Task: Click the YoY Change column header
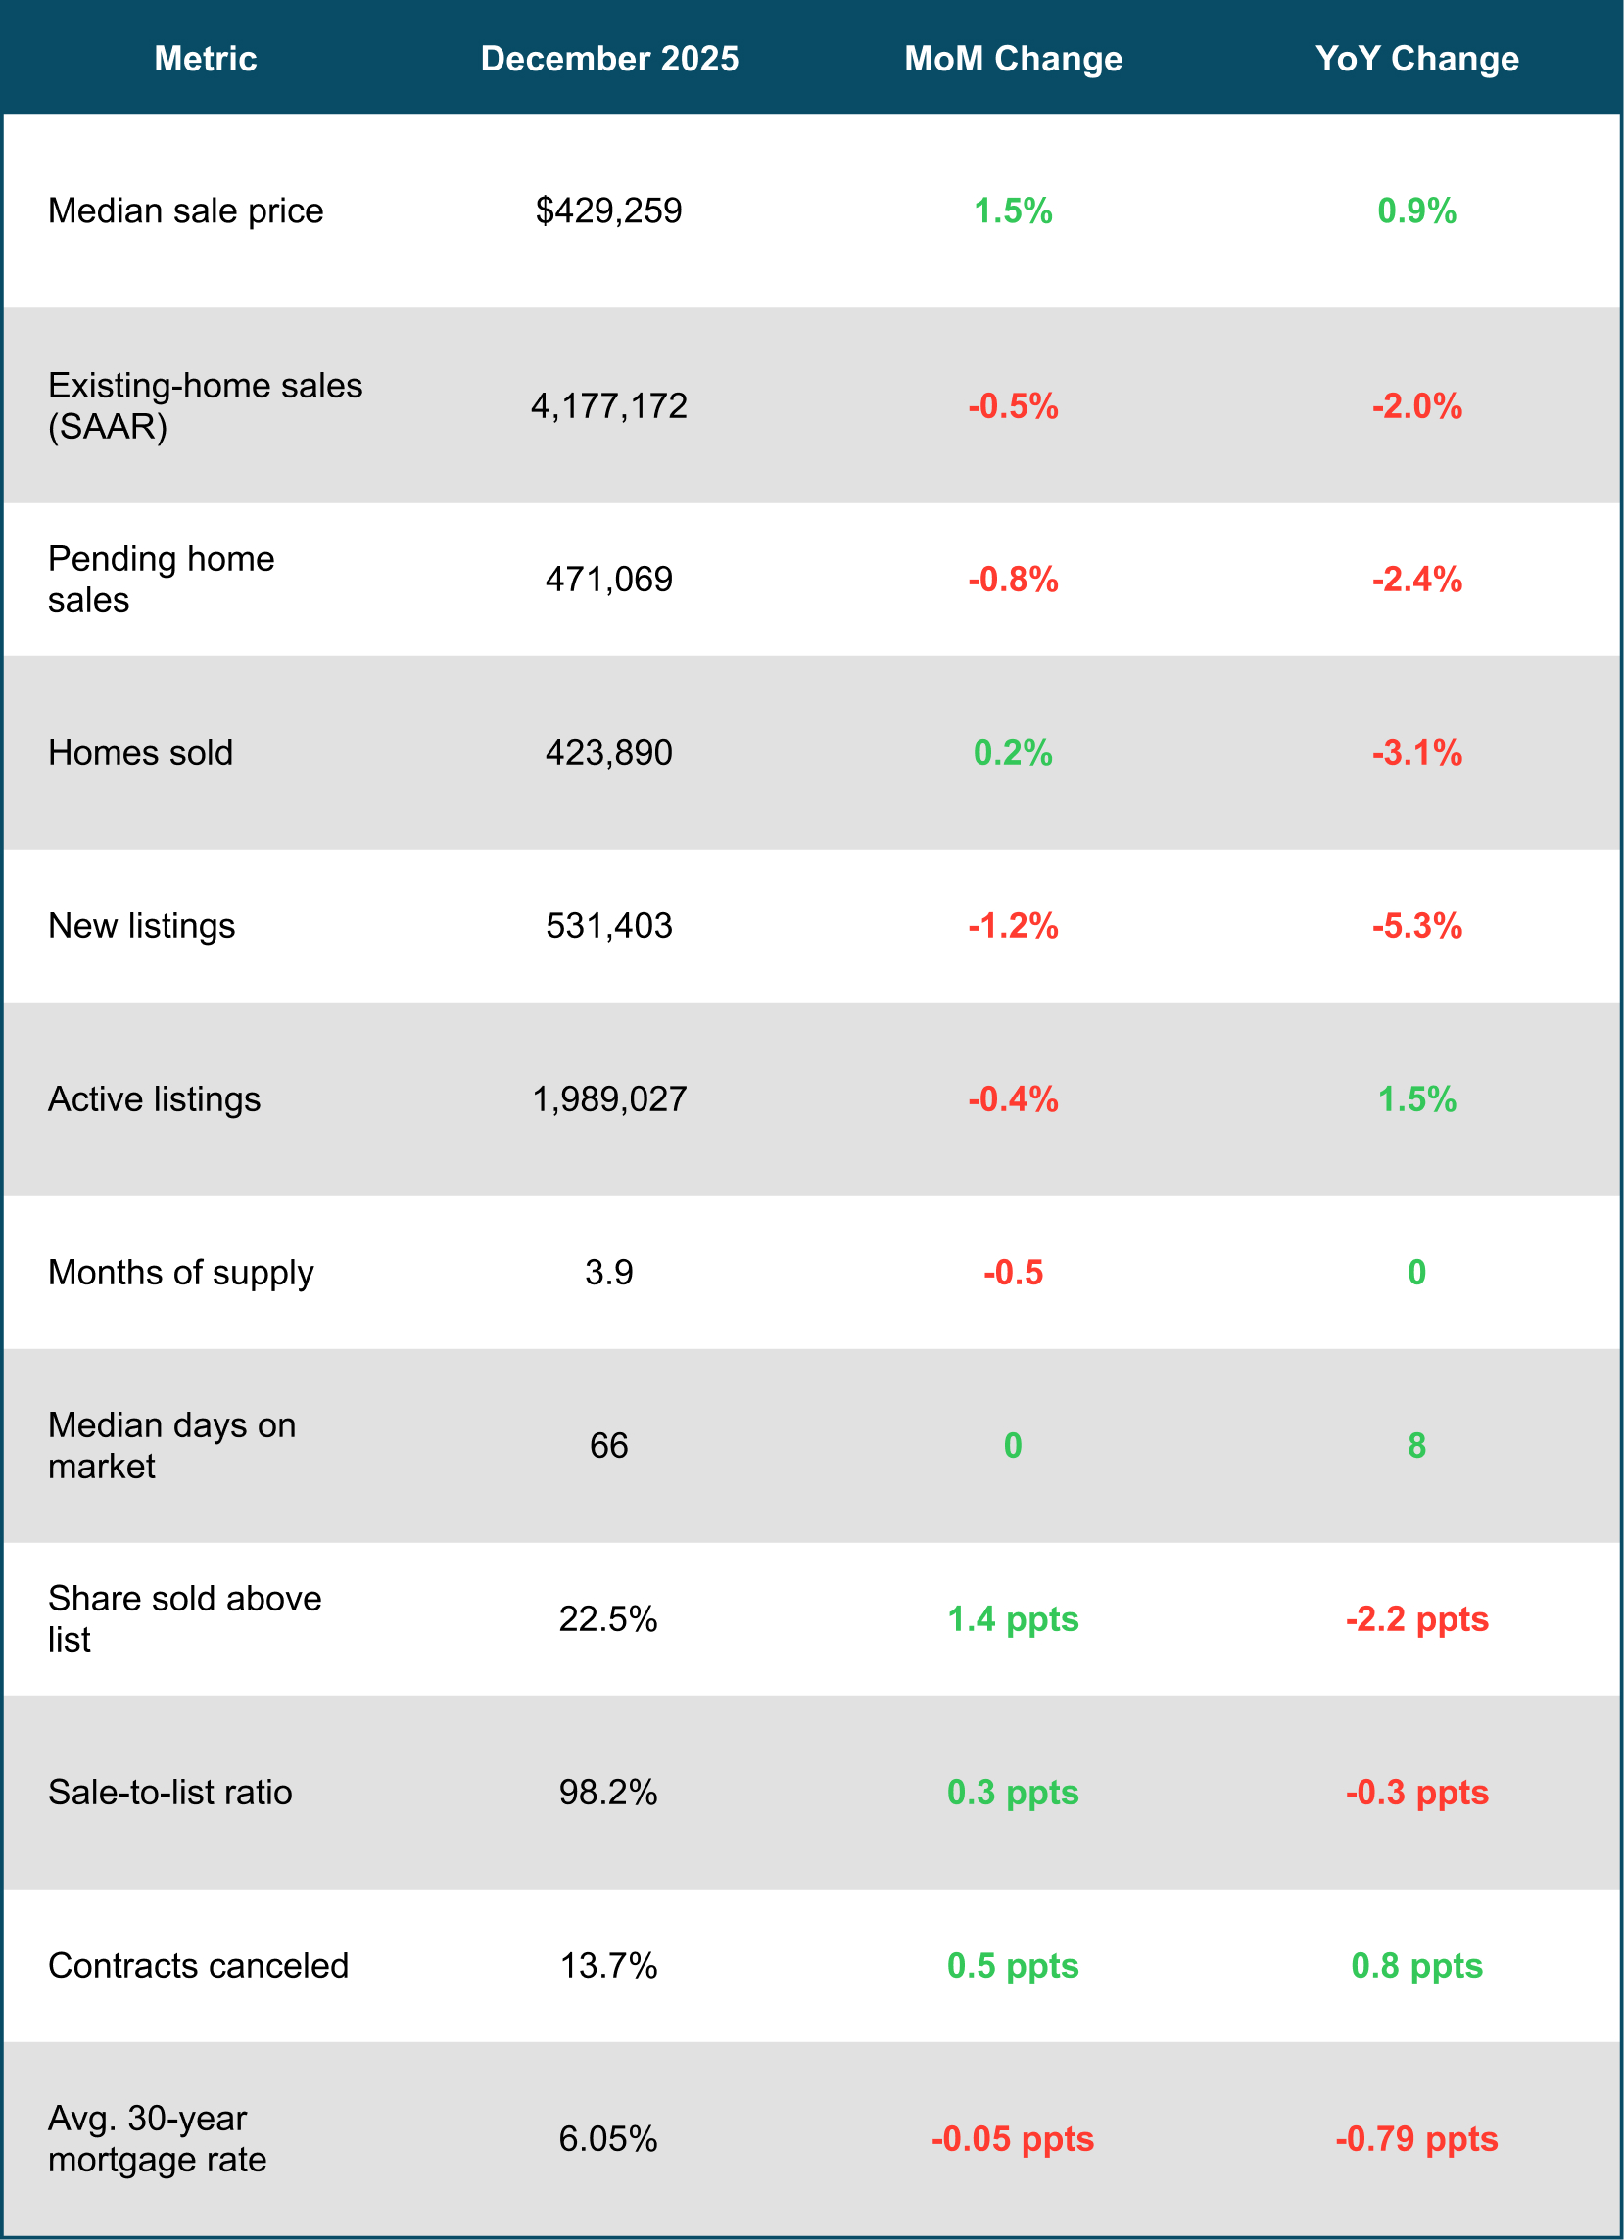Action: point(1415,59)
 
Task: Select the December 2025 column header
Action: point(608,59)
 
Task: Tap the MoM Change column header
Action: point(1013,59)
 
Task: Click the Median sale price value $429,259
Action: point(608,210)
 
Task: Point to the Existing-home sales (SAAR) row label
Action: point(205,405)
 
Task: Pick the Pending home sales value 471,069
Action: point(608,579)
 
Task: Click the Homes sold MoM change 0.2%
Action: point(1013,753)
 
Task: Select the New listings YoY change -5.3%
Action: point(1415,925)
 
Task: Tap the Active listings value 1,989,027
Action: point(608,1099)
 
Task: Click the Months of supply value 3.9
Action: point(608,1272)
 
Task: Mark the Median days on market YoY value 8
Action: point(1415,1445)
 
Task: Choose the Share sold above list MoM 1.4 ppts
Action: point(1013,1618)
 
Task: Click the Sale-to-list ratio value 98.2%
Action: point(608,1792)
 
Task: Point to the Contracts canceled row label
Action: point(198,1966)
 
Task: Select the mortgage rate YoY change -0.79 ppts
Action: point(1415,2138)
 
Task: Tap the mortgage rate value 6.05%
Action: point(608,2138)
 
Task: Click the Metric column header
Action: point(206,59)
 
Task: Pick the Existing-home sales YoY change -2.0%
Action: point(1415,406)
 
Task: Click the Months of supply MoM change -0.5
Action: point(1013,1272)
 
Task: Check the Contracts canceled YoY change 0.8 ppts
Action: point(1415,1966)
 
